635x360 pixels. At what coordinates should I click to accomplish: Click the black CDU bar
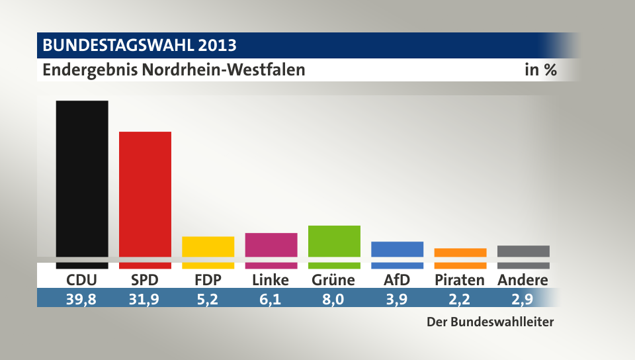[x=82, y=179]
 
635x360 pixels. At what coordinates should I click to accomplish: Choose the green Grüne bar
[x=334, y=242]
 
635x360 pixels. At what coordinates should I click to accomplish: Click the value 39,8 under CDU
[x=81, y=298]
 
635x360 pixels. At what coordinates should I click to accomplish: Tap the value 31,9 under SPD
[x=145, y=298]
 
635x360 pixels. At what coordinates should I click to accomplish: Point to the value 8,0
[x=334, y=298]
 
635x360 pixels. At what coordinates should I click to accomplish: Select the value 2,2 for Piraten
[x=460, y=298]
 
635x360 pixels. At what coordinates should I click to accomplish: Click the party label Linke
[x=271, y=280]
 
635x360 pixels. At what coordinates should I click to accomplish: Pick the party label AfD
[x=397, y=280]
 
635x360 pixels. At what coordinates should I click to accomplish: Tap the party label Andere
[x=523, y=280]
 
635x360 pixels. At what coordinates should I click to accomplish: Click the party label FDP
[x=208, y=280]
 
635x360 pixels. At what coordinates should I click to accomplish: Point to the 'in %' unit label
[x=540, y=69]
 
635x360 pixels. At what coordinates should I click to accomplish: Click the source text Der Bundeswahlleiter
[x=489, y=323]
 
